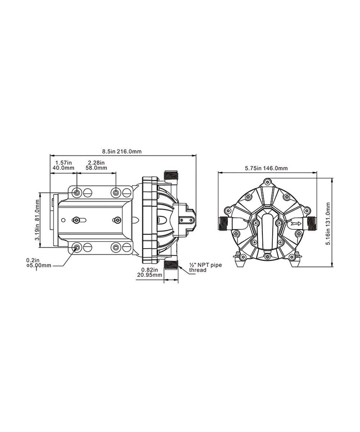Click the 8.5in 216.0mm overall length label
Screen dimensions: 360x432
pos(122,152)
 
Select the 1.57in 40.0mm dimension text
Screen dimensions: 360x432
pos(63,165)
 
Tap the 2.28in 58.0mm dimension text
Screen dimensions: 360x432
pos(96,165)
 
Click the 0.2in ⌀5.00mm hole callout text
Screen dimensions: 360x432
pos(39,262)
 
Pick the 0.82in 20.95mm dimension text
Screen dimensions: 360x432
pos(150,272)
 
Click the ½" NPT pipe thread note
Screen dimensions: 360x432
pos(206,267)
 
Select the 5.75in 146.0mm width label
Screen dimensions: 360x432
pos(266,168)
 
